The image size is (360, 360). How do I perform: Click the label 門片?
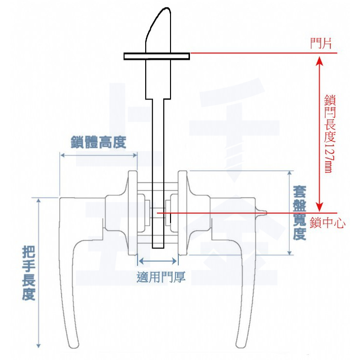[x=321, y=44]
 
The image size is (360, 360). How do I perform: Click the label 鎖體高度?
[x=98, y=143]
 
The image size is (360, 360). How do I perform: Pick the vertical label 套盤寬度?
[x=299, y=212]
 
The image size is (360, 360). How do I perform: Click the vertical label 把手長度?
[x=29, y=274]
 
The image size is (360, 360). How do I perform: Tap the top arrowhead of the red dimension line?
[x=319, y=60]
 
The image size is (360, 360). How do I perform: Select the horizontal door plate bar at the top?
[x=156, y=56]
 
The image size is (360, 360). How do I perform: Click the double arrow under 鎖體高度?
[x=98, y=154]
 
